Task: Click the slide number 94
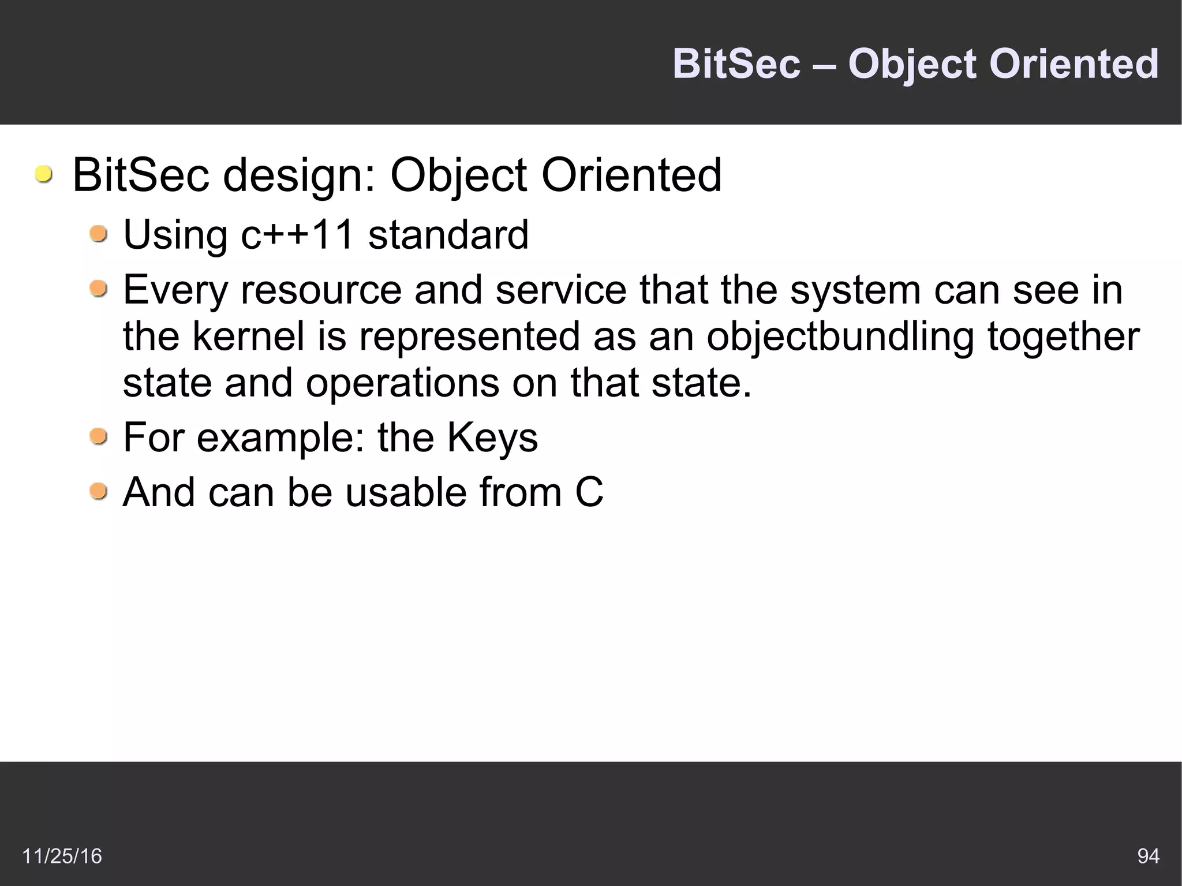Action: [1148, 855]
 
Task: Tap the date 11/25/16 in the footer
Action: [62, 855]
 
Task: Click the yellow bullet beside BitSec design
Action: [43, 174]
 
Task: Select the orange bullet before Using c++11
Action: [99, 234]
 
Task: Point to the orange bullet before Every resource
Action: [99, 289]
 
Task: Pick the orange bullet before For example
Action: [99, 436]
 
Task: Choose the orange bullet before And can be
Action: [99, 491]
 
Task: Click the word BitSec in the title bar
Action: [736, 63]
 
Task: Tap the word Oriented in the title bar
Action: [1073, 63]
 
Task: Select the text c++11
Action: [297, 235]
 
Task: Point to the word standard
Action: [448, 235]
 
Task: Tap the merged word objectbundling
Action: [840, 337]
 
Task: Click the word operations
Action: [402, 383]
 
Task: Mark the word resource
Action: [321, 290]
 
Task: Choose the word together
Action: [1064, 337]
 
